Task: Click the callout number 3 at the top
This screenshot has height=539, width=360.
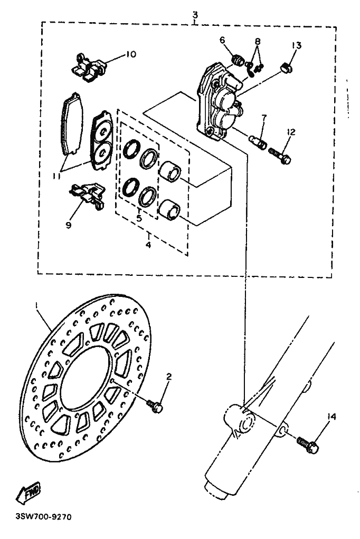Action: [x=195, y=15]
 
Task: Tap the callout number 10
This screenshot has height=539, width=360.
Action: [x=130, y=54]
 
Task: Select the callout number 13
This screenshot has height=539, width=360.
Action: [x=297, y=45]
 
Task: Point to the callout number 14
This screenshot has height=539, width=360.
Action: [x=332, y=417]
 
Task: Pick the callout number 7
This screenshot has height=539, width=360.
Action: [x=264, y=118]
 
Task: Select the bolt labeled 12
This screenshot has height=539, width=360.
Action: [x=279, y=155]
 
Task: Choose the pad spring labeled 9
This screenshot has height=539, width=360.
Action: [x=88, y=196]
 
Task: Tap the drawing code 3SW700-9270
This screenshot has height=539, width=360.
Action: [x=43, y=517]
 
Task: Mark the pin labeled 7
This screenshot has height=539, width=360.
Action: [x=258, y=141]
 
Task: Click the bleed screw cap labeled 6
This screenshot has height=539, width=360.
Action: [x=238, y=60]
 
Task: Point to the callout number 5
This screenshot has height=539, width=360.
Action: [x=139, y=218]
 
